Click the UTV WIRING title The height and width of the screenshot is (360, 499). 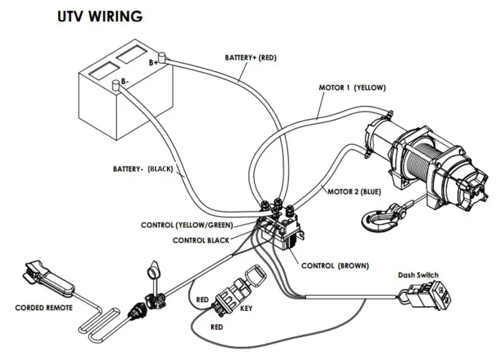[100, 16]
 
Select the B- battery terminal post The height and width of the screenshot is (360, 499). [116, 84]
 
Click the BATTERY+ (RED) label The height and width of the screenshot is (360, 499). [250, 58]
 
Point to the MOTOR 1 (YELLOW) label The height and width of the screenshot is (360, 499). [351, 88]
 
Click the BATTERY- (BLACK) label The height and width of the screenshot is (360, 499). [142, 169]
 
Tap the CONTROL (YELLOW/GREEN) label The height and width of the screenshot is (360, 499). [187, 225]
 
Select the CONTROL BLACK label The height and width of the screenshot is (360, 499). [198, 240]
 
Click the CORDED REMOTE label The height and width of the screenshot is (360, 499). [45, 307]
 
